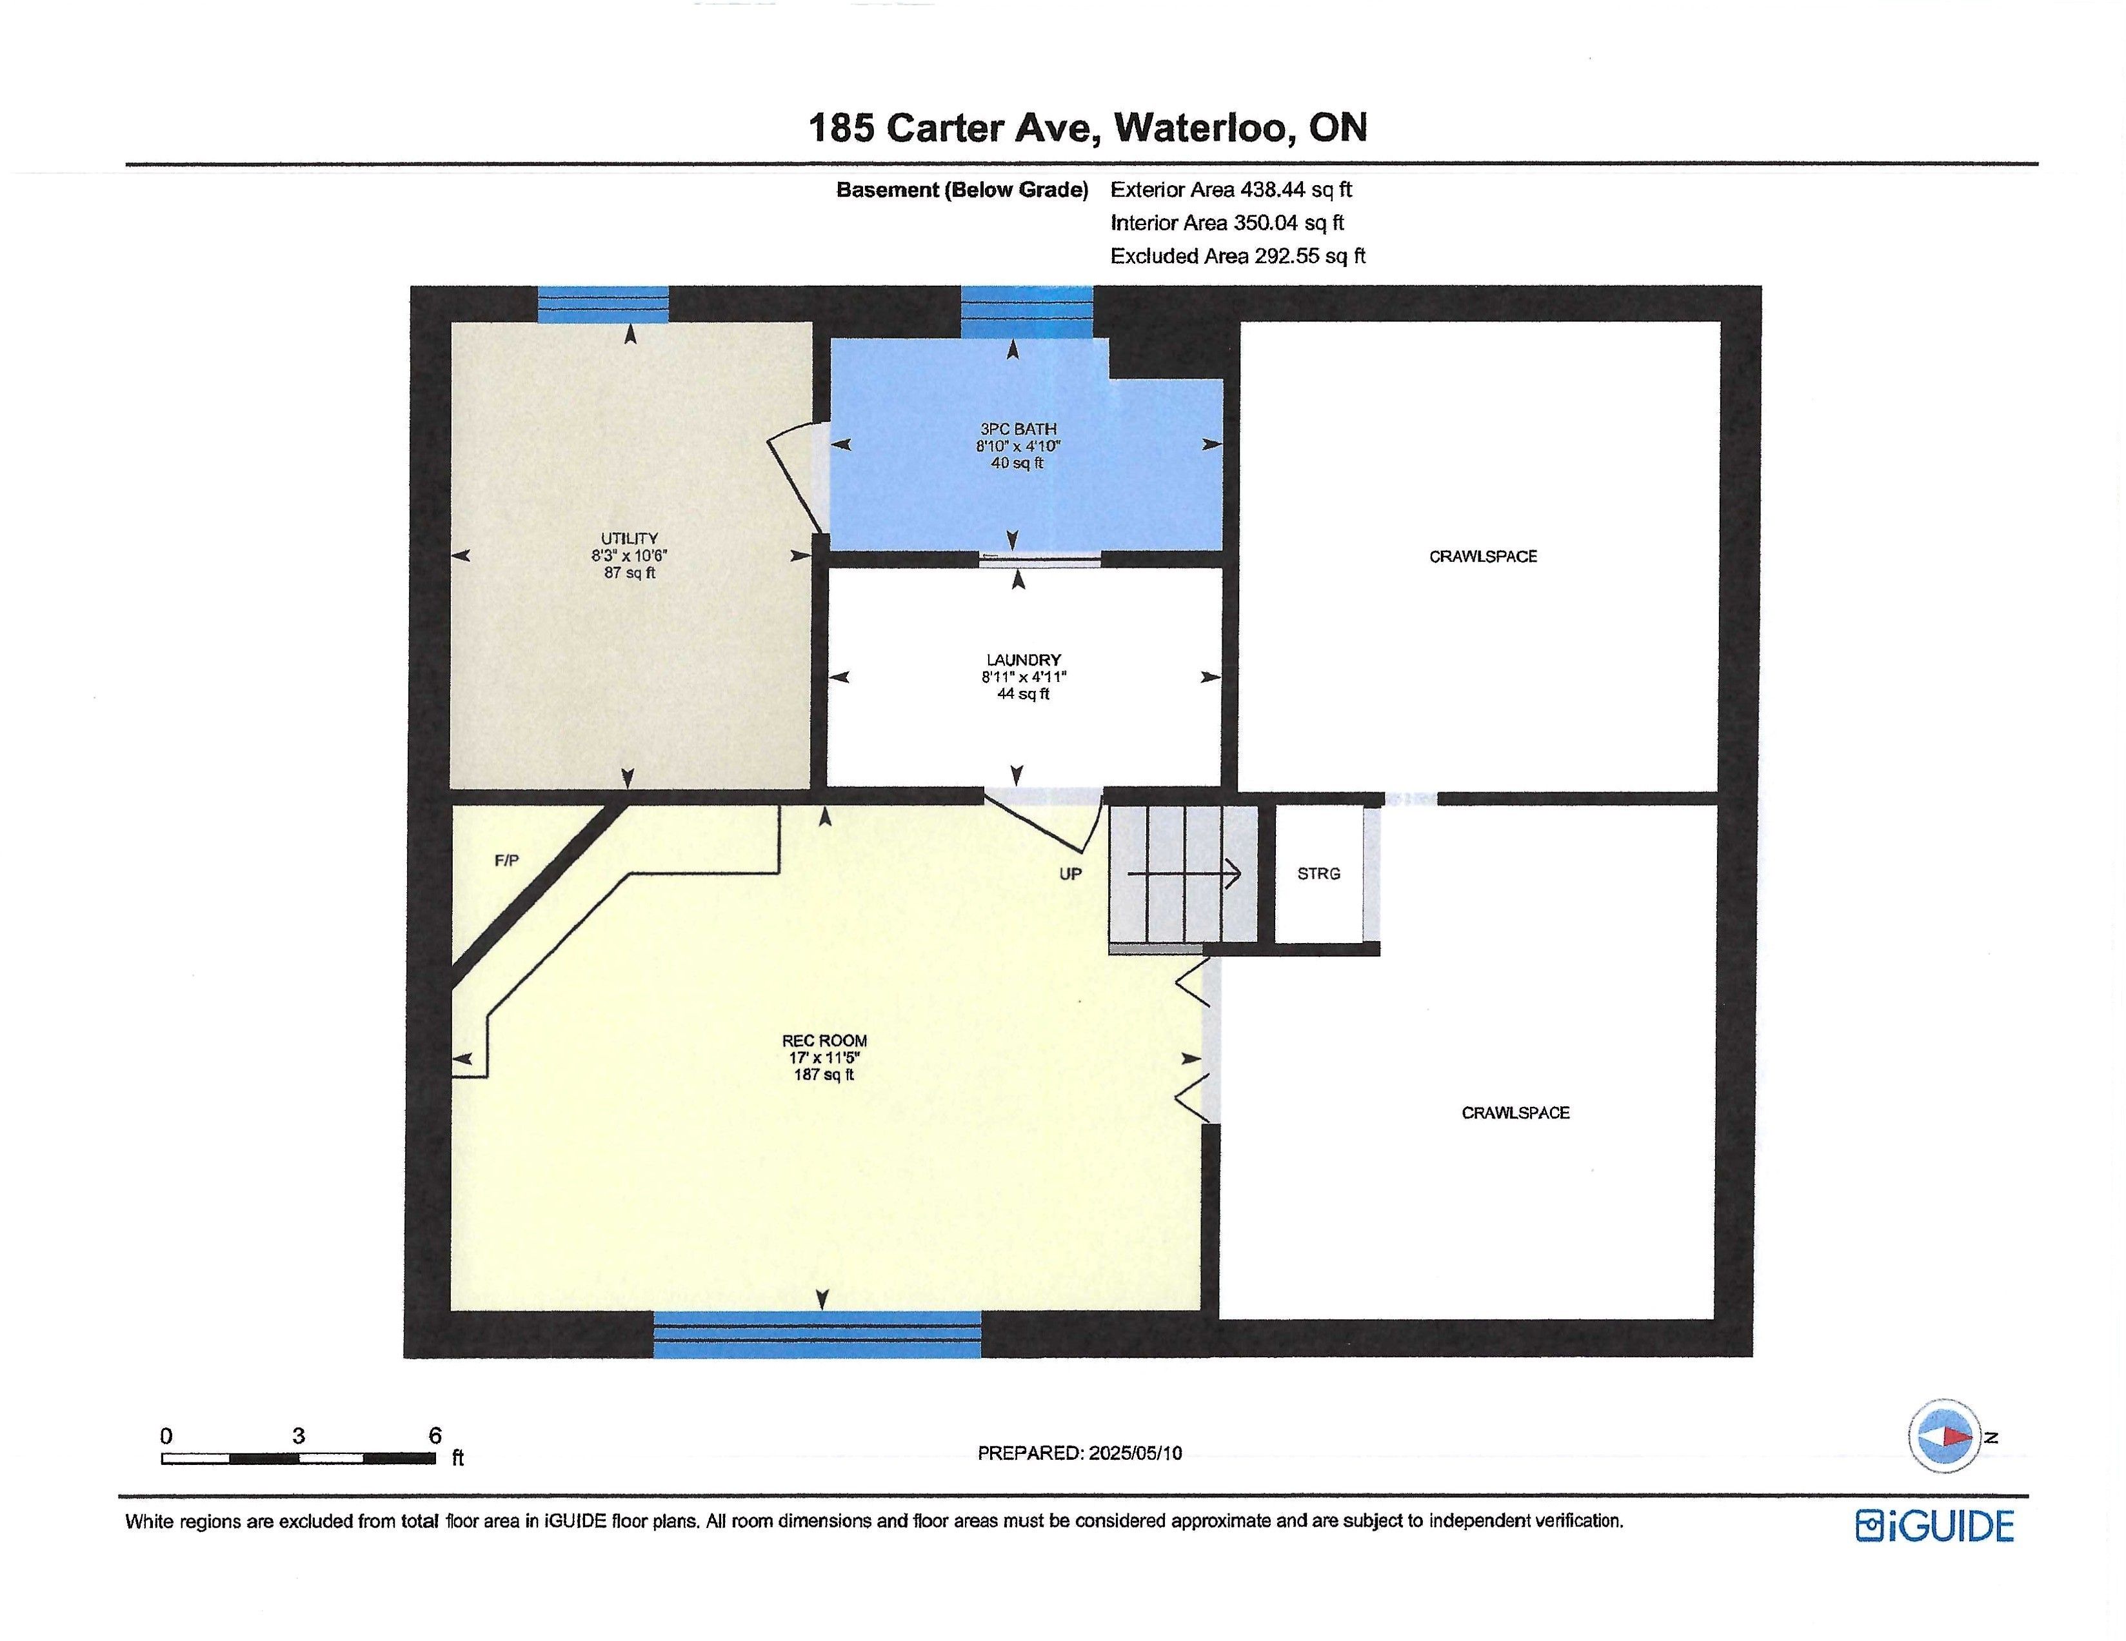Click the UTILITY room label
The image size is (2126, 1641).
[629, 538]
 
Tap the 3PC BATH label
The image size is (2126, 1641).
[1018, 428]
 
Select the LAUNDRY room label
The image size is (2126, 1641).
[1023, 660]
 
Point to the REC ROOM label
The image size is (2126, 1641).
[824, 1040]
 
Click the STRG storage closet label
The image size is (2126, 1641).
[1319, 874]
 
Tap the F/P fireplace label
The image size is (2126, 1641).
[507, 860]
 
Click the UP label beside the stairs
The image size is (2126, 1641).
[1071, 874]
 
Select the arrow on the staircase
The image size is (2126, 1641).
[1185, 874]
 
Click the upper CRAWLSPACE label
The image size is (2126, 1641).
[1482, 557]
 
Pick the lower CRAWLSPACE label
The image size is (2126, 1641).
[1516, 1113]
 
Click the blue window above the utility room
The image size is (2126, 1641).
[604, 304]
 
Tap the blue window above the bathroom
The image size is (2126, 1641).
[1027, 312]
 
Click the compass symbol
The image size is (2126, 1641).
[1944, 1436]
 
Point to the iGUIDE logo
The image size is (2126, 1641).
[1934, 1525]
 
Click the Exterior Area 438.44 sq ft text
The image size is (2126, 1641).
[1231, 190]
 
